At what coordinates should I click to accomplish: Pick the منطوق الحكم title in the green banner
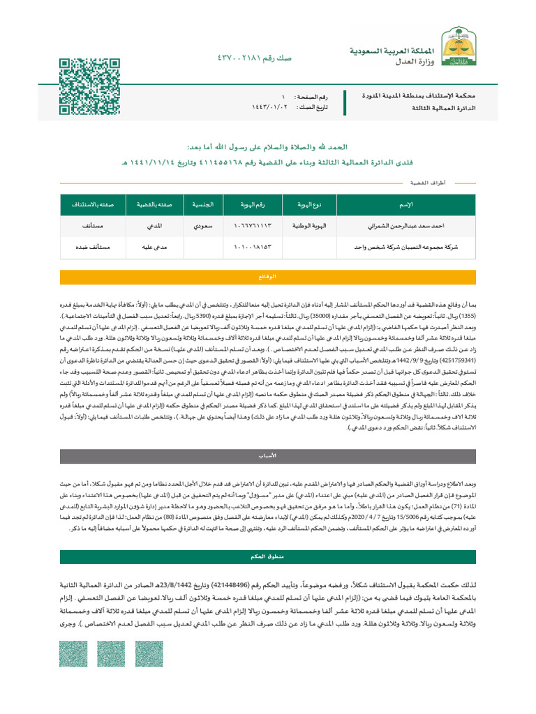pos(268,558)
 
